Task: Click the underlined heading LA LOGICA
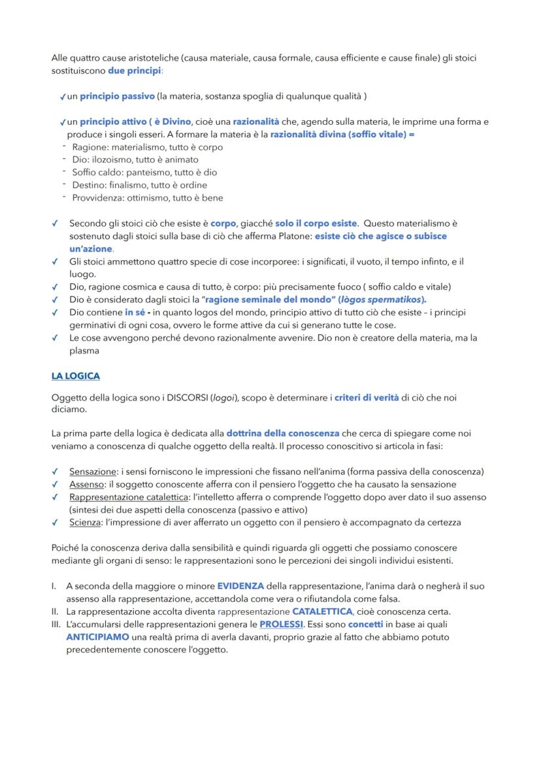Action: (x=75, y=376)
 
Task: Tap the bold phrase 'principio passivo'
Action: (x=117, y=96)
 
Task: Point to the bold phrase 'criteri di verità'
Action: (x=366, y=398)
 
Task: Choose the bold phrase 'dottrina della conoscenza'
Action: (x=282, y=433)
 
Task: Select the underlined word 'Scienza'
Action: (x=86, y=523)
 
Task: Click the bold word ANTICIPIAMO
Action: (x=97, y=637)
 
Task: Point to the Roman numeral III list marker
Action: (x=56, y=625)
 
